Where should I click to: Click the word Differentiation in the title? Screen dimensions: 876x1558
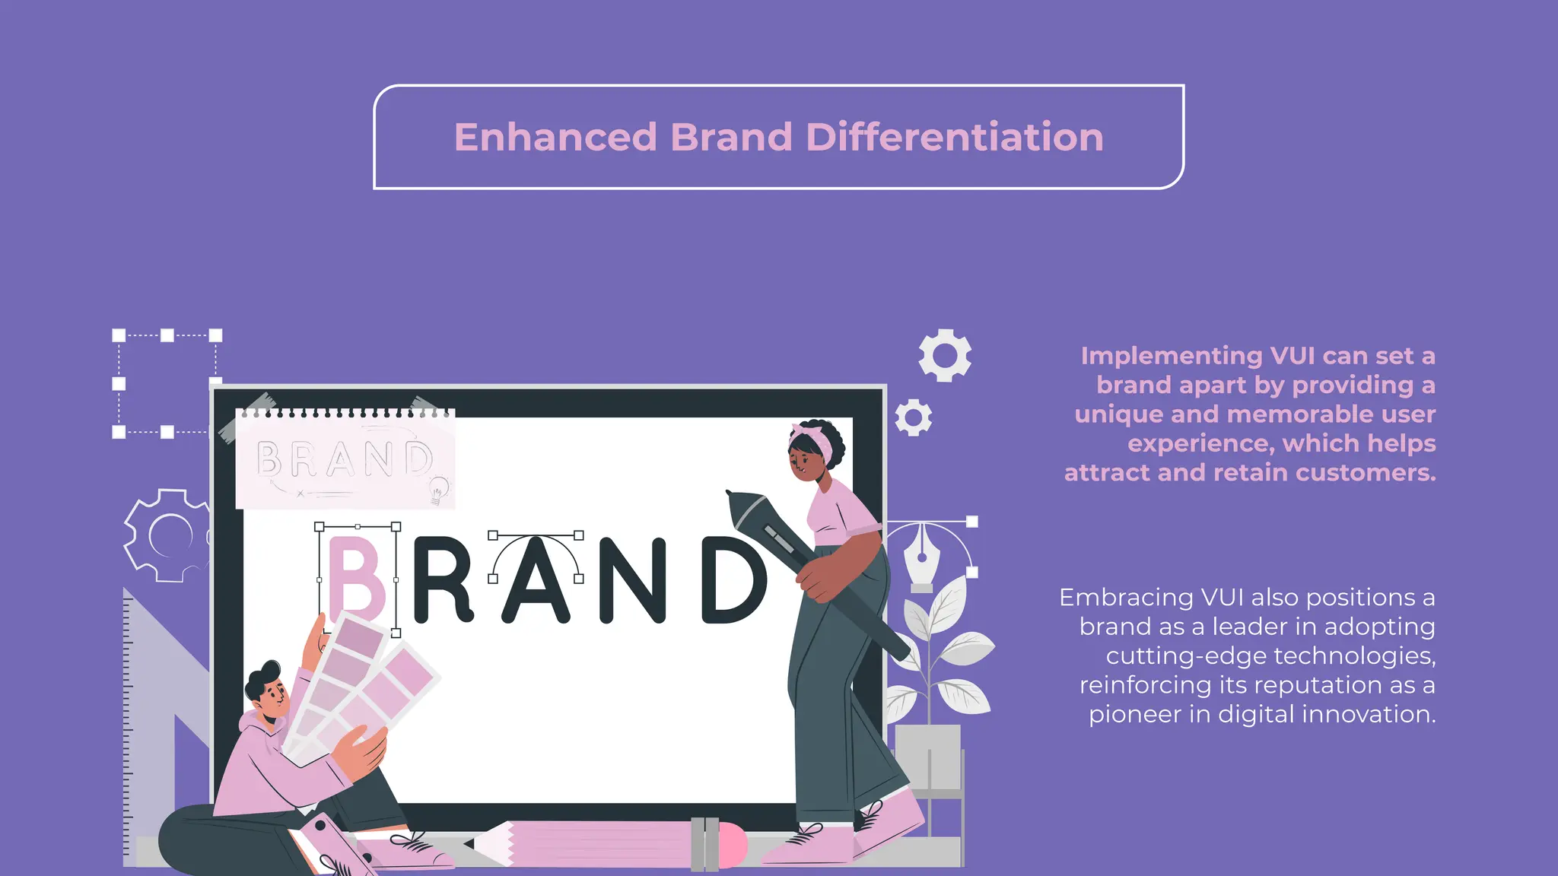(x=954, y=138)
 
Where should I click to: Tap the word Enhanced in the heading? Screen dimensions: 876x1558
(x=555, y=138)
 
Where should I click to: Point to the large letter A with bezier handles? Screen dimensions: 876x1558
(x=536, y=582)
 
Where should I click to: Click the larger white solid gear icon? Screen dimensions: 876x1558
(x=945, y=356)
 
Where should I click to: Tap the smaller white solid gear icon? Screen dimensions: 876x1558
(x=914, y=417)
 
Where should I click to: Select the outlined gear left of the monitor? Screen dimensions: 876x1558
(x=167, y=535)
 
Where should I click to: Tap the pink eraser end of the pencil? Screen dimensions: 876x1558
(x=733, y=845)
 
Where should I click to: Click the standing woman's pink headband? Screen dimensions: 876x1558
(x=814, y=441)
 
